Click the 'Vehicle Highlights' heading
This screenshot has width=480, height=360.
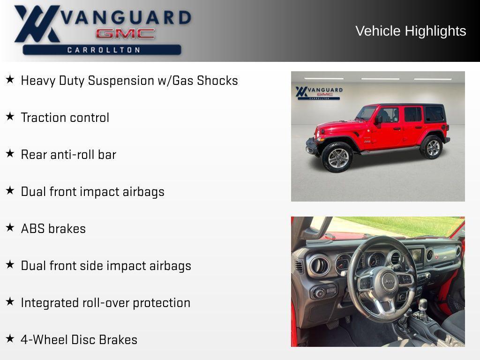coord(411,31)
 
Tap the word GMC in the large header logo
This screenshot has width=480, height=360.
coord(125,34)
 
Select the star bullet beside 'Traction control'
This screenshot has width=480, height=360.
coord(10,117)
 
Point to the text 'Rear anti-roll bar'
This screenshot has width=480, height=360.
coord(68,155)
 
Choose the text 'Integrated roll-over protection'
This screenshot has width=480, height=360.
coord(105,303)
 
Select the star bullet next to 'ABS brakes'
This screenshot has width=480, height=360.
coord(10,228)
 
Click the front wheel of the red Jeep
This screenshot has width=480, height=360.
coord(337,157)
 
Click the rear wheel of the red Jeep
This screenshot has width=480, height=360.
coord(432,148)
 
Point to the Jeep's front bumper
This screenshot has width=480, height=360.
coord(311,147)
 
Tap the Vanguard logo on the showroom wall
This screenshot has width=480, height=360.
coord(319,92)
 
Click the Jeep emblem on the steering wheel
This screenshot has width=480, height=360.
coord(389,281)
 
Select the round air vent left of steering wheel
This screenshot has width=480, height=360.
coord(320,265)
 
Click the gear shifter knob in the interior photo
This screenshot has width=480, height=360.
coord(423,304)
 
